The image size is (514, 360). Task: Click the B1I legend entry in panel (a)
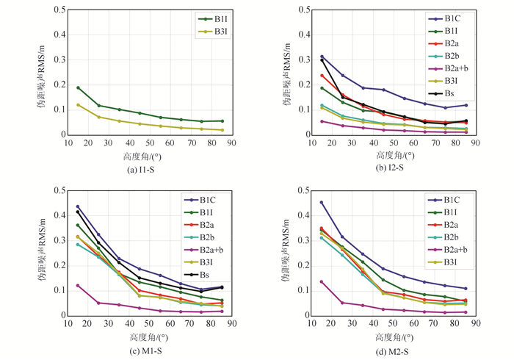pyautogui.click(x=206, y=18)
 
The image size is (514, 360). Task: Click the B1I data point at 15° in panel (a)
pyautogui.click(x=78, y=87)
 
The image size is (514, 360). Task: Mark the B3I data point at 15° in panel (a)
pyautogui.click(x=78, y=105)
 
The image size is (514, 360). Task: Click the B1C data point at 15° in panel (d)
pyautogui.click(x=321, y=203)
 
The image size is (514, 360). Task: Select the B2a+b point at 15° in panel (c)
pyautogui.click(x=78, y=285)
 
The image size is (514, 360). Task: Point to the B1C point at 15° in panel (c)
pyautogui.click(x=78, y=206)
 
